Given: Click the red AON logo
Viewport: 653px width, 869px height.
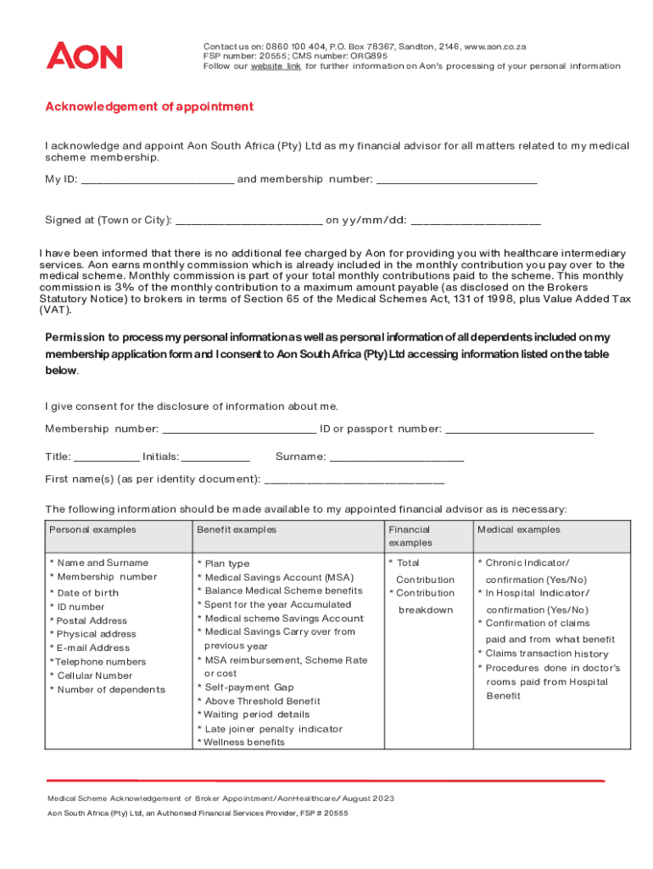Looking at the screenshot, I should pyautogui.click(x=84, y=56).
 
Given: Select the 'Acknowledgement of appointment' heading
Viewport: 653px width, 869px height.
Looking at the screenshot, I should pyautogui.click(x=149, y=107).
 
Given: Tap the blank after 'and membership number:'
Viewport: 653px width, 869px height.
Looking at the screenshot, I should pyautogui.click(x=456, y=179).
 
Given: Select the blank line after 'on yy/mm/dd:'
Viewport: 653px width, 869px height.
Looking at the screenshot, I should pyautogui.click(x=476, y=221).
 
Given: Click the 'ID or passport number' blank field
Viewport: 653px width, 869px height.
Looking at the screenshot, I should pyautogui.click(x=519, y=429).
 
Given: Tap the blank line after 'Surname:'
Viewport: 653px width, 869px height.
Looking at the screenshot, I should pyautogui.click(x=396, y=457).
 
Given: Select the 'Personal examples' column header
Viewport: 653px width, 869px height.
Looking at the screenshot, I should pyautogui.click(x=92, y=530).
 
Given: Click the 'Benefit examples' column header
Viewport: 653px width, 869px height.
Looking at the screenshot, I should pyautogui.click(x=237, y=530).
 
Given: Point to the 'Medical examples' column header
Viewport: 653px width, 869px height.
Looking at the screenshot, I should pyautogui.click(x=519, y=530).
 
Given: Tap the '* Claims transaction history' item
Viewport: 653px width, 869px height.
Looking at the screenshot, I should pyautogui.click(x=548, y=653).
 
